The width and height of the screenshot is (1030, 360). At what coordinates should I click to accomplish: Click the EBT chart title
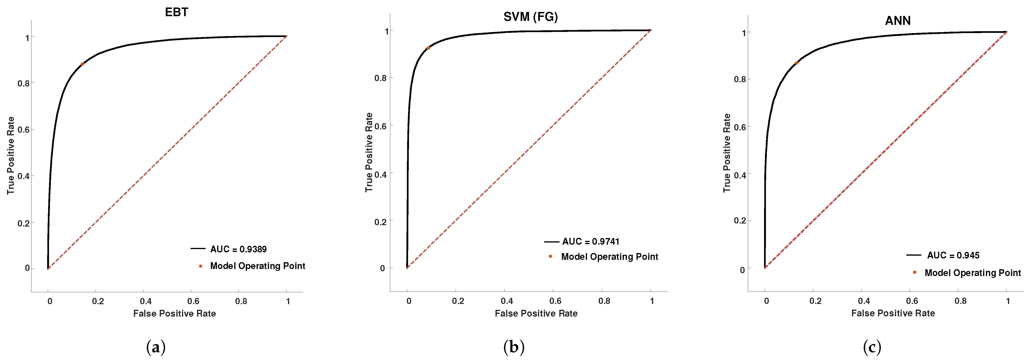point(176,12)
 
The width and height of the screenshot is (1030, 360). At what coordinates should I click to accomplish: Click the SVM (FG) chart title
point(530,17)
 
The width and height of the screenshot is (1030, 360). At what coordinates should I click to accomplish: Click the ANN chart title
point(898,21)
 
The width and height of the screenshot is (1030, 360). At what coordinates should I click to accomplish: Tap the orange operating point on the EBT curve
point(82,64)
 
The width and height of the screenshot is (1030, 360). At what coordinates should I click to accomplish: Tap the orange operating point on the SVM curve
point(428,48)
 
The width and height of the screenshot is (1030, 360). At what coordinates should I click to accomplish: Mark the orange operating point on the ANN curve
point(796,63)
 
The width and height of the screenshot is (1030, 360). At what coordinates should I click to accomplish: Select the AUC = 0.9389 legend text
point(238,249)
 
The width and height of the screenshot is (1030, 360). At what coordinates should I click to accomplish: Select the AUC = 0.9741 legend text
point(591,242)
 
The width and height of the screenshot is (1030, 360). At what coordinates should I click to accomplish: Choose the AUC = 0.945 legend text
point(953,255)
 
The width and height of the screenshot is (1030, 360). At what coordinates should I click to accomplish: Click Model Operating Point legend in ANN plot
point(972,273)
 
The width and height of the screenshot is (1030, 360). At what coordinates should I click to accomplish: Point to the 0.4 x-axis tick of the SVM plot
point(507,301)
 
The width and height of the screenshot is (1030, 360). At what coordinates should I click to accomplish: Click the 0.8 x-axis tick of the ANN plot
point(960,301)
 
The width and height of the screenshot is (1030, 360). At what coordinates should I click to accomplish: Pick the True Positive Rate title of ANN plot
point(727,153)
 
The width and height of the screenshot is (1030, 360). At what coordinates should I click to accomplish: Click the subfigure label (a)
point(156,347)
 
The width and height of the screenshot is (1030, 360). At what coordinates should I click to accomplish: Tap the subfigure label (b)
point(514,347)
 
